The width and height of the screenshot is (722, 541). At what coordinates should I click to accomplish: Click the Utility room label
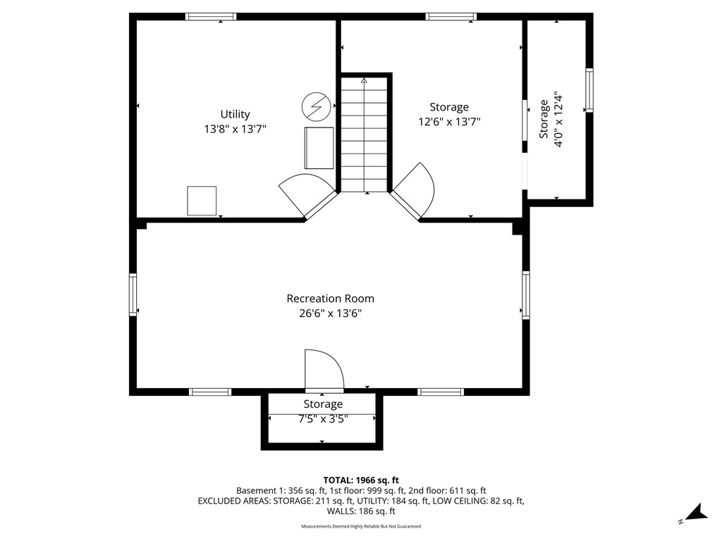click(235, 114)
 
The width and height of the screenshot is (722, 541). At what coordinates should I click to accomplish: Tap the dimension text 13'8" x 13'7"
click(235, 129)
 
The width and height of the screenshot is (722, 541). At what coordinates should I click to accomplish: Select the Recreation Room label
click(330, 299)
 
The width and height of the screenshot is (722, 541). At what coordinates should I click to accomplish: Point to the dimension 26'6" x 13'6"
click(330, 313)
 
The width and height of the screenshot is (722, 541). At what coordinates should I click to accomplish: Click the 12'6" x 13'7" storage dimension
click(449, 121)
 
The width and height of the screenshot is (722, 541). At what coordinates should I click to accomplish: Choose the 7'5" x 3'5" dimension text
click(323, 418)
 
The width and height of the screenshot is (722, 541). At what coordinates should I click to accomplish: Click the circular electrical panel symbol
click(315, 106)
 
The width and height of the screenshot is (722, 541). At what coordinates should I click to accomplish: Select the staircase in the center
click(365, 134)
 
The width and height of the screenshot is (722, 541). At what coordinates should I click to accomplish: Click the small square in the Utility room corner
click(202, 201)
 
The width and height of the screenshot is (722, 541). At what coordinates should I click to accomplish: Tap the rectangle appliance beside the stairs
click(319, 148)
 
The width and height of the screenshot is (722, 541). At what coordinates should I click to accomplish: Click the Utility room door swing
click(305, 192)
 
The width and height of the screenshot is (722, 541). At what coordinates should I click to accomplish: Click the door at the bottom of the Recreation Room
click(324, 371)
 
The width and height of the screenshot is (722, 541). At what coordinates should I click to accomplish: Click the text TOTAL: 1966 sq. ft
click(361, 480)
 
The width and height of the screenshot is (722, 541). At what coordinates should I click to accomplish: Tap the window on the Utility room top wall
click(211, 16)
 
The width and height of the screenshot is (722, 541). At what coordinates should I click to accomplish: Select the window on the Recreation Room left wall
click(133, 295)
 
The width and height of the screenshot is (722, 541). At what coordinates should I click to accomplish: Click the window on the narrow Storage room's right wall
click(589, 91)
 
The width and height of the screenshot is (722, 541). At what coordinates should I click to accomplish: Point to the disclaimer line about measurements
click(361, 526)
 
